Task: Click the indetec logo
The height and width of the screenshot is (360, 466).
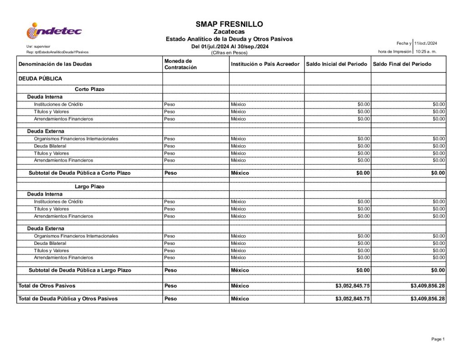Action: point(54,31)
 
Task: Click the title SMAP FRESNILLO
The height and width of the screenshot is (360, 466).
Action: point(229,24)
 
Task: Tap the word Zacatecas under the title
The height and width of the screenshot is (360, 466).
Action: point(229,32)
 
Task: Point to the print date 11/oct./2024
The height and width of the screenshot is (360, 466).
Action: point(425,43)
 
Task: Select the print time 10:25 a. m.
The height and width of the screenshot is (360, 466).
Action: point(426,51)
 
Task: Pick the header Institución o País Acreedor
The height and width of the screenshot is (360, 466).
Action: point(265,64)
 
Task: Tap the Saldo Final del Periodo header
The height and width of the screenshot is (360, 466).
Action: point(402,64)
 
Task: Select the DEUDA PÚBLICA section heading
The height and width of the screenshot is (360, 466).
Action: point(40,79)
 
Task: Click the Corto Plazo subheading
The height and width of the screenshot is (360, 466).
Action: point(90,89)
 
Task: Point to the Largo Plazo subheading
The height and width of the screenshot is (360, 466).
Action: point(90,187)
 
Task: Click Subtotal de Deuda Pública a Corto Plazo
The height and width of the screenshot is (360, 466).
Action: point(80,173)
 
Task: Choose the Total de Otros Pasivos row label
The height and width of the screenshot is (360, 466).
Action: point(47,286)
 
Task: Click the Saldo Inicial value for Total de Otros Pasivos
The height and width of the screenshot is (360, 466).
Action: point(353,286)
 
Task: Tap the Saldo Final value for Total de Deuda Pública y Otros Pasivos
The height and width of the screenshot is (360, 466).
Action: point(427,299)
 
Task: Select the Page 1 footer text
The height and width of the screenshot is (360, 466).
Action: point(438,339)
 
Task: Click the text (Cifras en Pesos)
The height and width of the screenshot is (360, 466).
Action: point(229,53)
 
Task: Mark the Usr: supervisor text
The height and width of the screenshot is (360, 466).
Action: point(39,46)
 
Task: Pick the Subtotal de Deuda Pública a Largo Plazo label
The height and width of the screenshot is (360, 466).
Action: point(80,270)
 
